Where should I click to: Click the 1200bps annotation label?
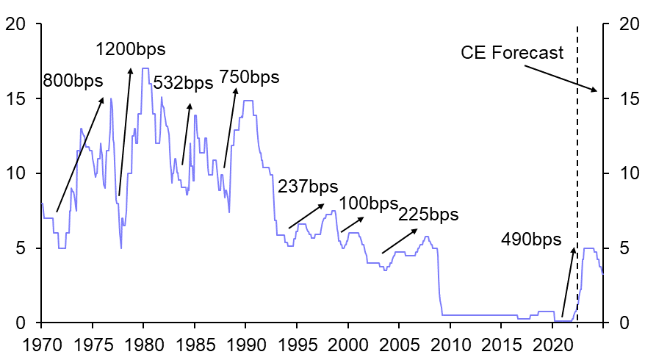(x=131, y=50)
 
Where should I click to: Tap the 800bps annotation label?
(x=73, y=80)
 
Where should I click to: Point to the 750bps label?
(x=250, y=77)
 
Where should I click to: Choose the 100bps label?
(x=368, y=203)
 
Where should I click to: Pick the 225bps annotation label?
(x=428, y=215)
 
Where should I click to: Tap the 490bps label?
(x=531, y=240)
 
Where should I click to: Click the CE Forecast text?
(x=512, y=53)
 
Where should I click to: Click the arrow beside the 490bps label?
(x=568, y=282)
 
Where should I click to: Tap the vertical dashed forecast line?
(x=577, y=184)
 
